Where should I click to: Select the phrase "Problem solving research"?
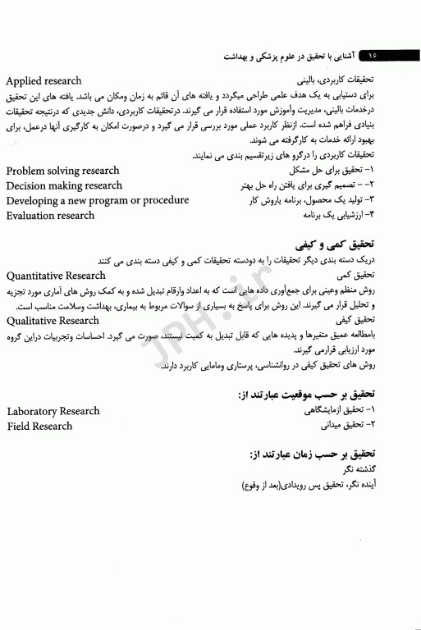pos(62,171)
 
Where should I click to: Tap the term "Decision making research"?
pos(63,185)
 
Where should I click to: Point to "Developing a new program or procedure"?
pos(97,200)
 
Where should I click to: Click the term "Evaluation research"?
pos(50,216)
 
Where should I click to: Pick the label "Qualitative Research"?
pos(53,321)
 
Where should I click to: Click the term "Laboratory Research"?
pos(53,411)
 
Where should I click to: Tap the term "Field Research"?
pos(39,426)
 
